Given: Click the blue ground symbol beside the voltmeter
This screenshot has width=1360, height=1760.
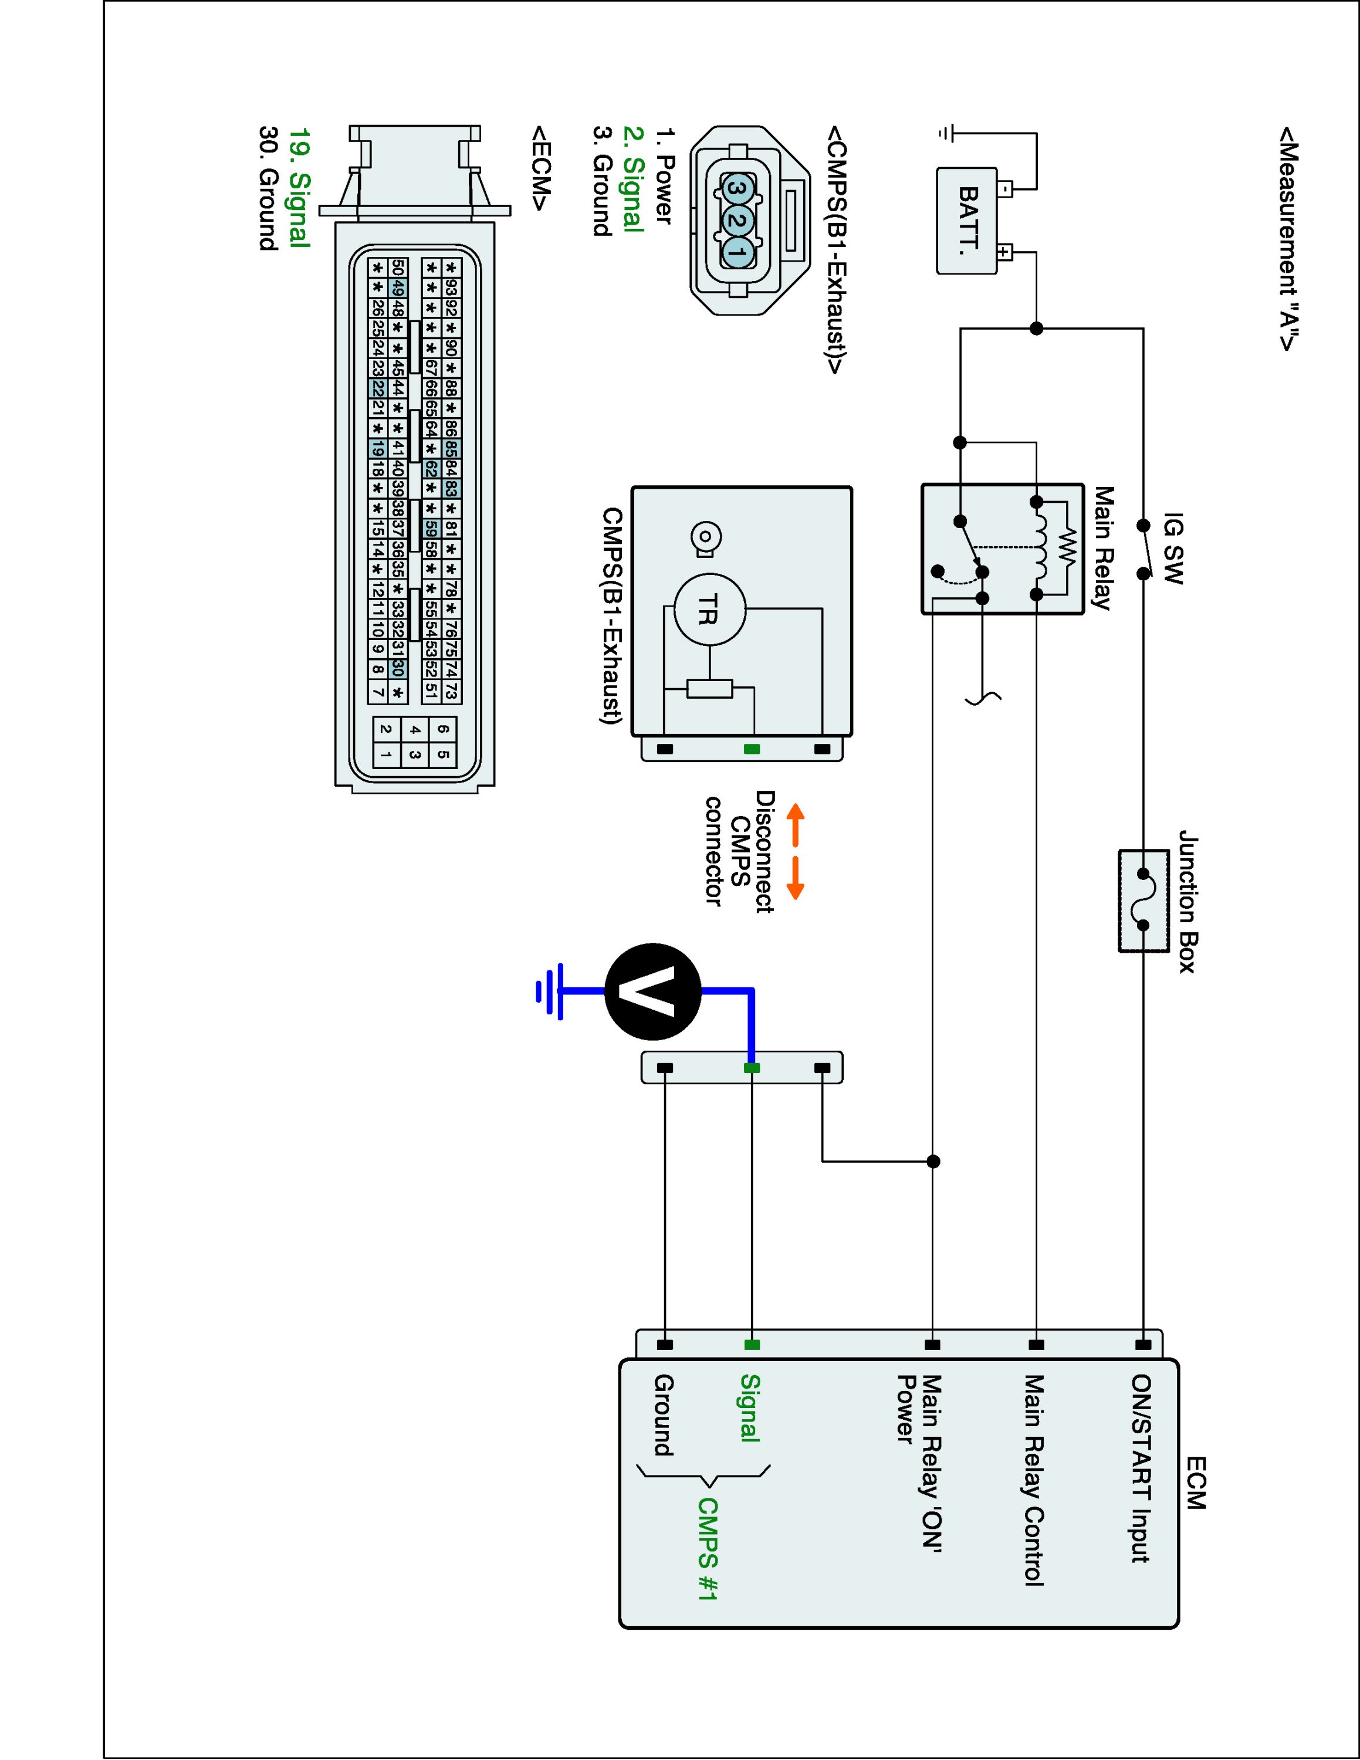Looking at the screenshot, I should (550, 991).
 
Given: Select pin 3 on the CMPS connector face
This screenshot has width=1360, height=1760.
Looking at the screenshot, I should (735, 189).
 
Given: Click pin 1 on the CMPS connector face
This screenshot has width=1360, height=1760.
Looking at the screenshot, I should (735, 252).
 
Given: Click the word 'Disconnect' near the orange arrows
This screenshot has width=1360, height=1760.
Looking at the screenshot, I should (764, 851).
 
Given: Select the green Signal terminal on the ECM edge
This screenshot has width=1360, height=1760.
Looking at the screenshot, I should (752, 1344).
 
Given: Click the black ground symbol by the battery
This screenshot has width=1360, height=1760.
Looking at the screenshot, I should (946, 133).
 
